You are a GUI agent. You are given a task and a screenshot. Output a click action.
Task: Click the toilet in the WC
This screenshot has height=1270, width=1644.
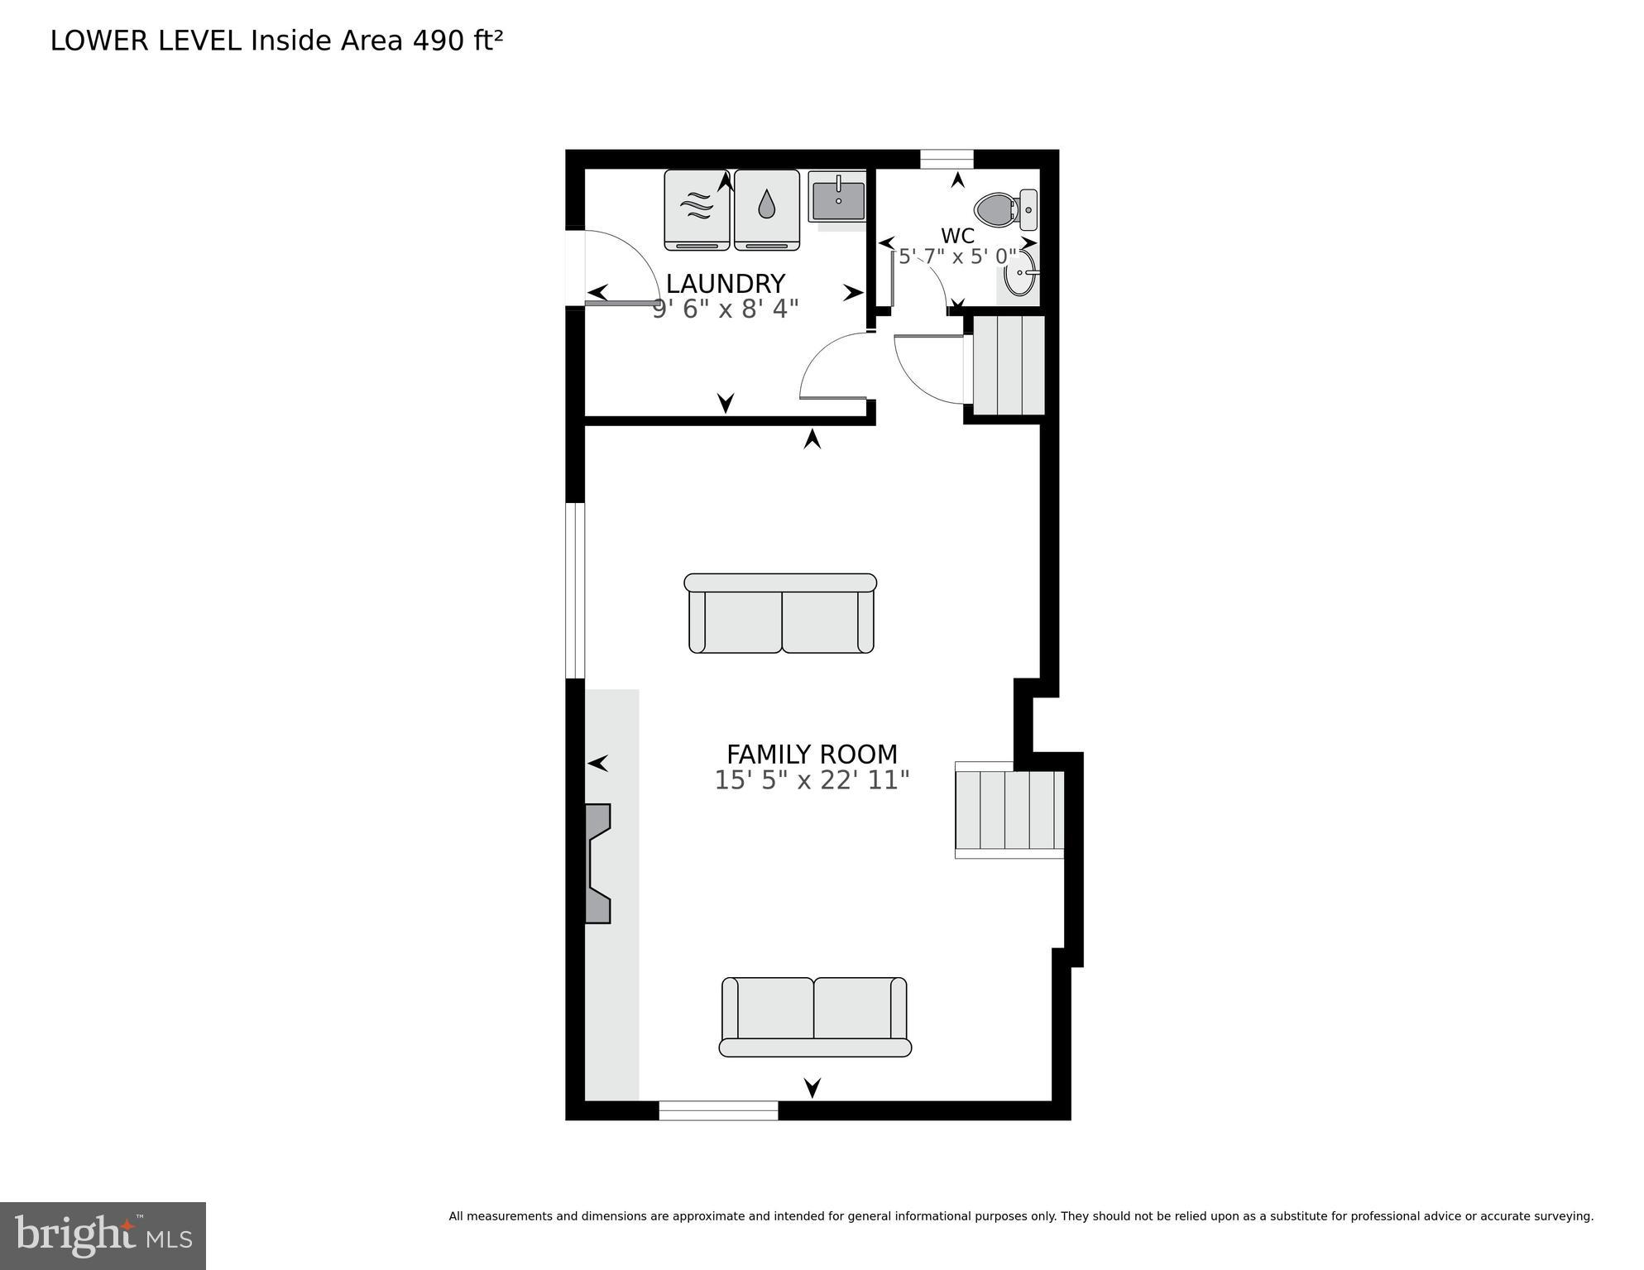[1004, 209]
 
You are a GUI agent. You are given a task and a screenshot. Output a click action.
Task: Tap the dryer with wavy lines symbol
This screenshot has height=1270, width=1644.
[697, 208]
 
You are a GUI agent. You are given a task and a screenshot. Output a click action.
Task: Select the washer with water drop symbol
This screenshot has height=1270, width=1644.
[767, 208]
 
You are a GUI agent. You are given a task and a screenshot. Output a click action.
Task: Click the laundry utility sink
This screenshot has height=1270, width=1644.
[837, 197]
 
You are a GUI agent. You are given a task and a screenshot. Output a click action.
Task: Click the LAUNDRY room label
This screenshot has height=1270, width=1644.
[725, 284]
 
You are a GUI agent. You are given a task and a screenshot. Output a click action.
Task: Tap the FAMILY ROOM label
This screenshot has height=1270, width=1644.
[812, 754]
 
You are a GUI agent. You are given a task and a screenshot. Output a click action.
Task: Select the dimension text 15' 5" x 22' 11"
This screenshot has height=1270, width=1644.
[812, 780]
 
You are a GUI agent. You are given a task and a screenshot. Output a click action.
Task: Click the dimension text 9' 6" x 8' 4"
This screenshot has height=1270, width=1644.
[725, 309]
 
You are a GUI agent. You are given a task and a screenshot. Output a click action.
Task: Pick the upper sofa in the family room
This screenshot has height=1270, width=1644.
[780, 614]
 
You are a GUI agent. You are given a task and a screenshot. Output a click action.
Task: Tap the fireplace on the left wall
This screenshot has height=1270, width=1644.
[597, 863]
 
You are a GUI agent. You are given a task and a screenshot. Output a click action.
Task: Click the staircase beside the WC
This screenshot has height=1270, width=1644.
[1009, 365]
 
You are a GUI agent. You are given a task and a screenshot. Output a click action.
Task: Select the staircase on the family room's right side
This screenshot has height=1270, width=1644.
[1009, 810]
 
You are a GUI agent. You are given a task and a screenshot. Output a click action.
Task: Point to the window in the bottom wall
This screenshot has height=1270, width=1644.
[718, 1110]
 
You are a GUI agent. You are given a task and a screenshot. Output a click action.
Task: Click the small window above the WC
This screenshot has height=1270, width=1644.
[947, 159]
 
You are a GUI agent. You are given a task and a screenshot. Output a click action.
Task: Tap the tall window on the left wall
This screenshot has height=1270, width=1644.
[575, 590]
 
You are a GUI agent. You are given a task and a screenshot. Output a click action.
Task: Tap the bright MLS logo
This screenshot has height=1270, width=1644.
[103, 1235]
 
